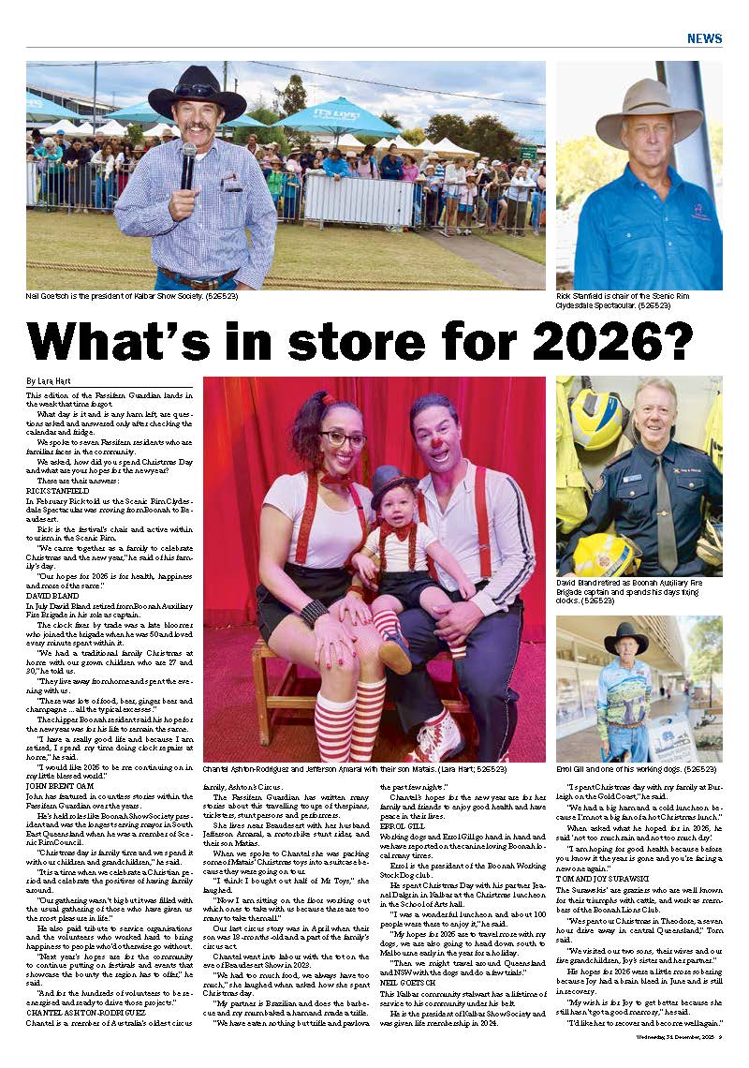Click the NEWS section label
click(704, 38)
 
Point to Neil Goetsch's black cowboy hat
click(198, 93)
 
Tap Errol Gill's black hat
click(626, 638)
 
